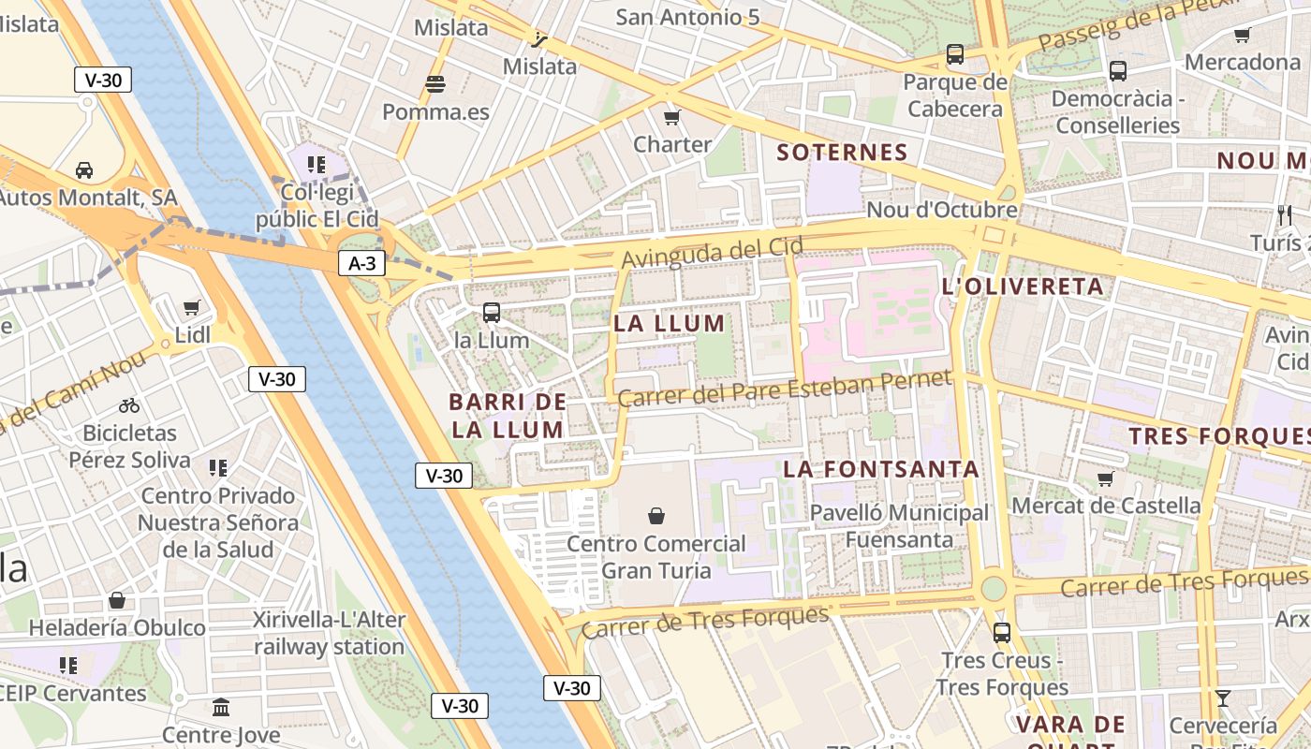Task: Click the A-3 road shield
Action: tap(361, 264)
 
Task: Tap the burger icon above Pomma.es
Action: tap(435, 84)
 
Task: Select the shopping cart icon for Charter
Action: tap(671, 117)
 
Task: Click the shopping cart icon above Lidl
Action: tap(192, 307)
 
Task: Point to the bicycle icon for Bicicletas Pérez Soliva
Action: tap(129, 405)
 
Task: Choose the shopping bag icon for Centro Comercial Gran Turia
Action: tap(656, 516)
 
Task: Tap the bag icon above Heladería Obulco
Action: tap(117, 600)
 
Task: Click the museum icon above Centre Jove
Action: tap(221, 707)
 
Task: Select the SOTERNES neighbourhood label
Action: tap(843, 153)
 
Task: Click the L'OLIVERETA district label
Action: tap(1023, 286)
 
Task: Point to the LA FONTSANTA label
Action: tap(881, 469)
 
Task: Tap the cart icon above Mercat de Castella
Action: tap(1105, 478)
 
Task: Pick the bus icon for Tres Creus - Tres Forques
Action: tap(1002, 633)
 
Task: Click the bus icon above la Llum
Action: tap(492, 313)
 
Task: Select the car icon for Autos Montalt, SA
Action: tap(84, 170)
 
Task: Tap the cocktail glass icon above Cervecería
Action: tap(1222, 698)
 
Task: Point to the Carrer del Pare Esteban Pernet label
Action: tap(784, 389)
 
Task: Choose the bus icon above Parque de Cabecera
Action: tap(955, 54)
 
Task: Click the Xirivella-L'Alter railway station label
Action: tap(329, 633)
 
